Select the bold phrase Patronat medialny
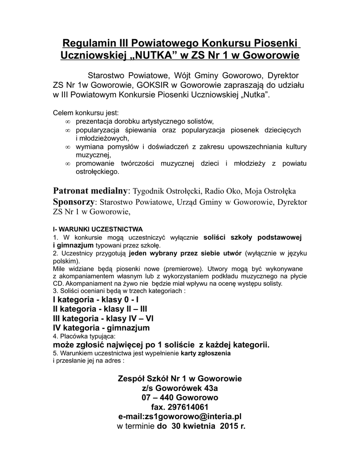point(91,190)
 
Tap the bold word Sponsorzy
point(74,201)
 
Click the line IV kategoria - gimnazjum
point(101,328)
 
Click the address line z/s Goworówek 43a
point(180,388)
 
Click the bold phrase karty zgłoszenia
point(206,353)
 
